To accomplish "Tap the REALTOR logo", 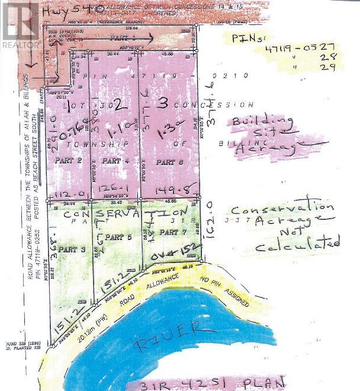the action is coord(20,27).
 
